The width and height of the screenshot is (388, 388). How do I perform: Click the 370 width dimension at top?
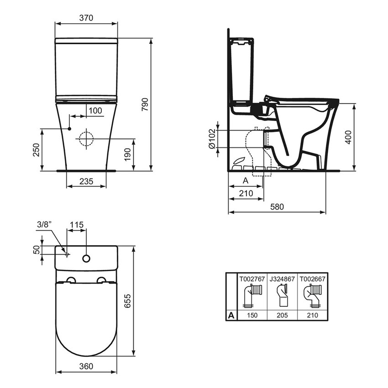click(86, 18)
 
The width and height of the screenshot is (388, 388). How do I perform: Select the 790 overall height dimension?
click(145, 105)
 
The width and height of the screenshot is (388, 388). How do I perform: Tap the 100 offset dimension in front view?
click(95, 111)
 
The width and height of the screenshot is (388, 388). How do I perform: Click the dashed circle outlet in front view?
click(85, 138)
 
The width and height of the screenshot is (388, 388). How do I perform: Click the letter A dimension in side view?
click(245, 181)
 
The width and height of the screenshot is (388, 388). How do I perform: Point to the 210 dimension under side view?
click(246, 194)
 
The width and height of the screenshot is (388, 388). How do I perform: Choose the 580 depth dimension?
click(277, 207)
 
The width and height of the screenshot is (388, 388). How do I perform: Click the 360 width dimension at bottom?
click(86, 366)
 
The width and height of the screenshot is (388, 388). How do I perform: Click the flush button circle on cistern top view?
click(86, 259)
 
